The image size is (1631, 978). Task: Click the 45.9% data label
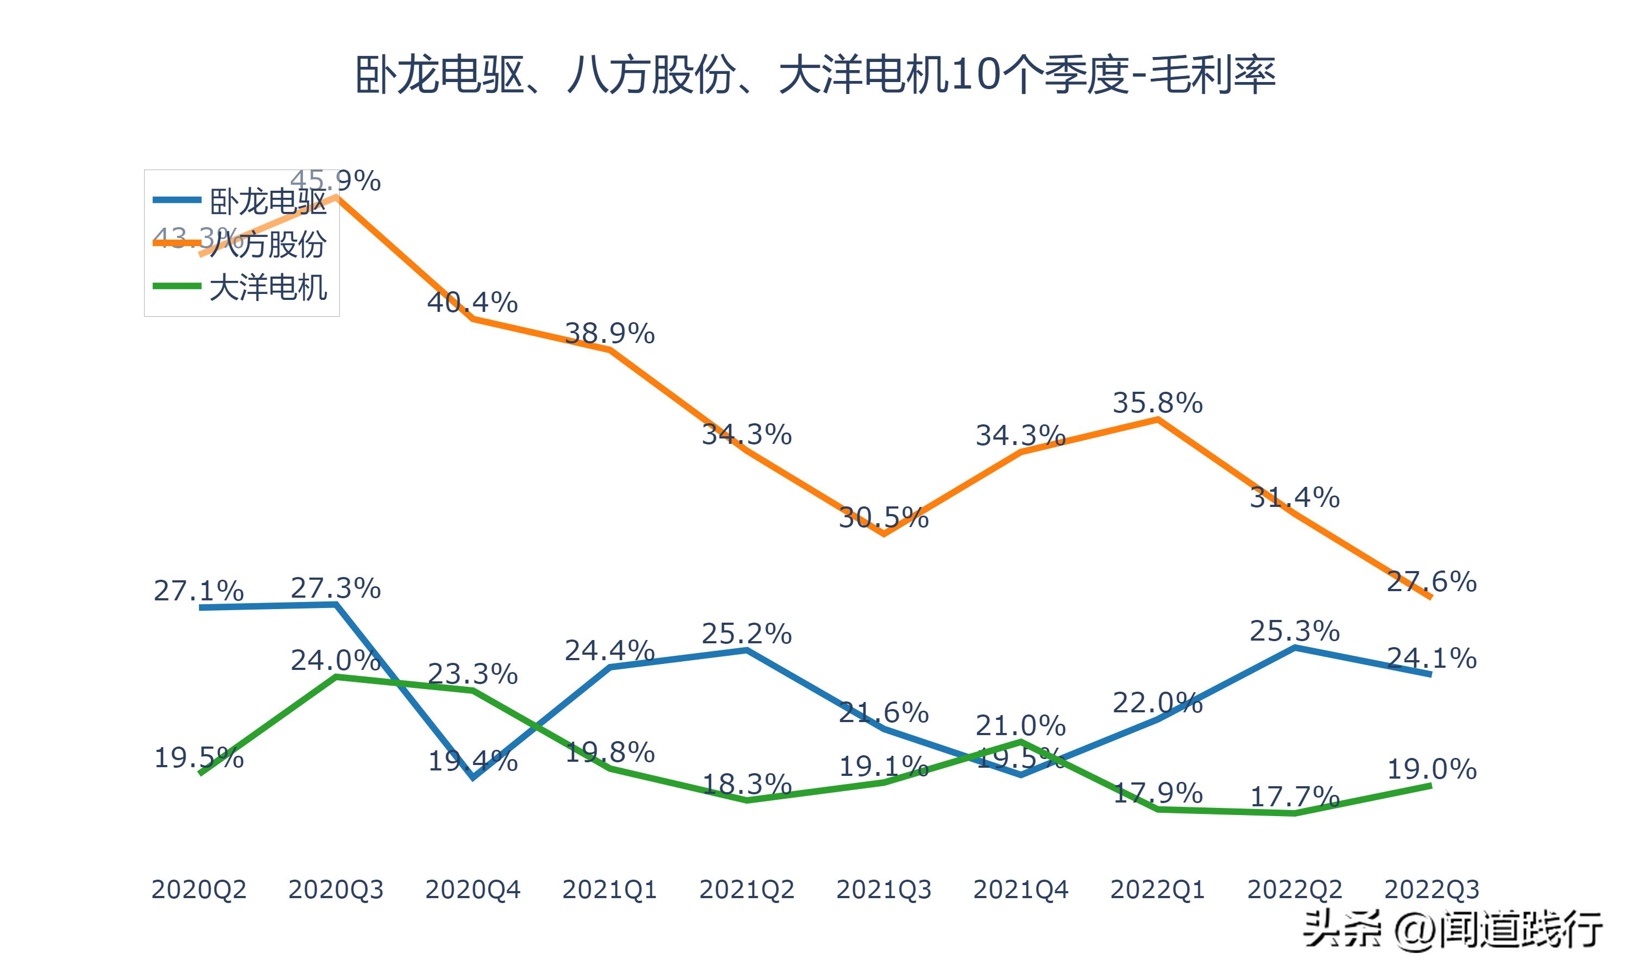tap(335, 180)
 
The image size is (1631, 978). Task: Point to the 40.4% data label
tap(472, 303)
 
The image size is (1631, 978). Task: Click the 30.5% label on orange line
tap(883, 518)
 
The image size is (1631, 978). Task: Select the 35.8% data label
tap(1157, 403)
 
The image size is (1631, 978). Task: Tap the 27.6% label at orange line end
tap(1431, 581)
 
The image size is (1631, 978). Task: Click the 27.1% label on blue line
tap(198, 591)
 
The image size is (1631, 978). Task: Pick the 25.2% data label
tap(746, 634)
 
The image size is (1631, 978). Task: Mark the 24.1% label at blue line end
tap(1431, 658)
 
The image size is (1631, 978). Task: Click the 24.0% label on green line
tap(335, 660)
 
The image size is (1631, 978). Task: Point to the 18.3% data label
tap(746, 783)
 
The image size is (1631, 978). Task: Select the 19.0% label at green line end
tap(1431, 768)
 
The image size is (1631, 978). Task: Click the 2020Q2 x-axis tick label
tap(198, 889)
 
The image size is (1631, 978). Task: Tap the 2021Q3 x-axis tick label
tap(883, 889)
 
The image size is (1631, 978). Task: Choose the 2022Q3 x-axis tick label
tap(1431, 889)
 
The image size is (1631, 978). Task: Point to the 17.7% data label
tap(1295, 797)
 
